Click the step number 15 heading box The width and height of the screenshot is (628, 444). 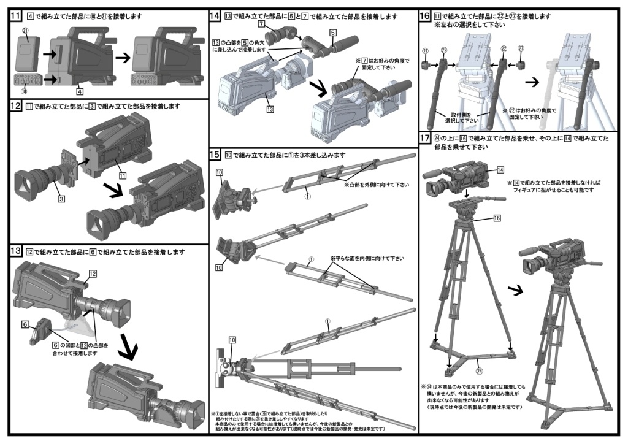[215, 155]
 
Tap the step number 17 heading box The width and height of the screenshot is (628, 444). [424, 139]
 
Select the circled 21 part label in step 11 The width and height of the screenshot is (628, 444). [25, 30]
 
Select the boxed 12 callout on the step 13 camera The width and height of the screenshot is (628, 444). [93, 274]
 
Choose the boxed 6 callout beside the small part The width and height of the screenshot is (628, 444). [26, 324]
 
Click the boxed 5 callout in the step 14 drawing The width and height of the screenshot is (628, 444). [332, 31]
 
